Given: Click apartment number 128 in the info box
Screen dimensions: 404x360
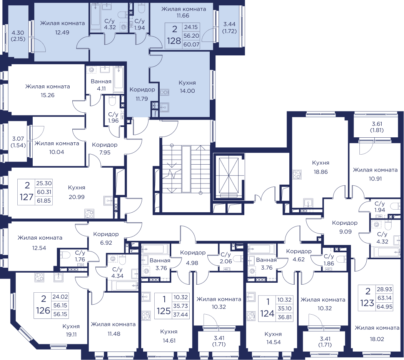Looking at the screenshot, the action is click(174, 41).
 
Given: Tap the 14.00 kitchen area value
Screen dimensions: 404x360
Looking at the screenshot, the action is click(187, 91).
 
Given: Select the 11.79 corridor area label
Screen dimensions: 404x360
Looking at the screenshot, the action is click(142, 99).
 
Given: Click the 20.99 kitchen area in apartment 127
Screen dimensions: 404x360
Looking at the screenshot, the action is click(77, 197).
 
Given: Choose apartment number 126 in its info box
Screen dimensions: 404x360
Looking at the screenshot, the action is click(43, 310).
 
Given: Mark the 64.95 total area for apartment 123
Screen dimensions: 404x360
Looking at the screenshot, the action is click(384, 307).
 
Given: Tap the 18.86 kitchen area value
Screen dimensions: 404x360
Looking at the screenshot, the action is click(321, 172).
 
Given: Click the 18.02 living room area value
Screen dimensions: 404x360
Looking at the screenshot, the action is click(377, 339).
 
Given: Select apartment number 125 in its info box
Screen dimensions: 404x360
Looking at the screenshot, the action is click(164, 311).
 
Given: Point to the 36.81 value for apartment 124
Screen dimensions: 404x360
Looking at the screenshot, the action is click(284, 317).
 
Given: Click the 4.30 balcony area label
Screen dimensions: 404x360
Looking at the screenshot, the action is click(18, 33).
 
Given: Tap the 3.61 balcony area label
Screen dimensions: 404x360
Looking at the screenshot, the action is click(376, 124).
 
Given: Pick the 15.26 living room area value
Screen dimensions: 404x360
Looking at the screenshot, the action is click(48, 95).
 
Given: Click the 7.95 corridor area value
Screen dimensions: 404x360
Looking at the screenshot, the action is click(105, 153).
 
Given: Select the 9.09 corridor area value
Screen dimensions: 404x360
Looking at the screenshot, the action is click(345, 232).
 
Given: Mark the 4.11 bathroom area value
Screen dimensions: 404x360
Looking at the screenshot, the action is click(101, 89).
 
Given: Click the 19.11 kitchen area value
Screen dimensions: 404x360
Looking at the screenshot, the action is click(71, 335).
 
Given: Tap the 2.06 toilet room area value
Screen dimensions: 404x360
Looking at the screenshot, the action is click(226, 262).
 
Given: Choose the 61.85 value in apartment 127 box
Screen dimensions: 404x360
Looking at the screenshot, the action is click(44, 201).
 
